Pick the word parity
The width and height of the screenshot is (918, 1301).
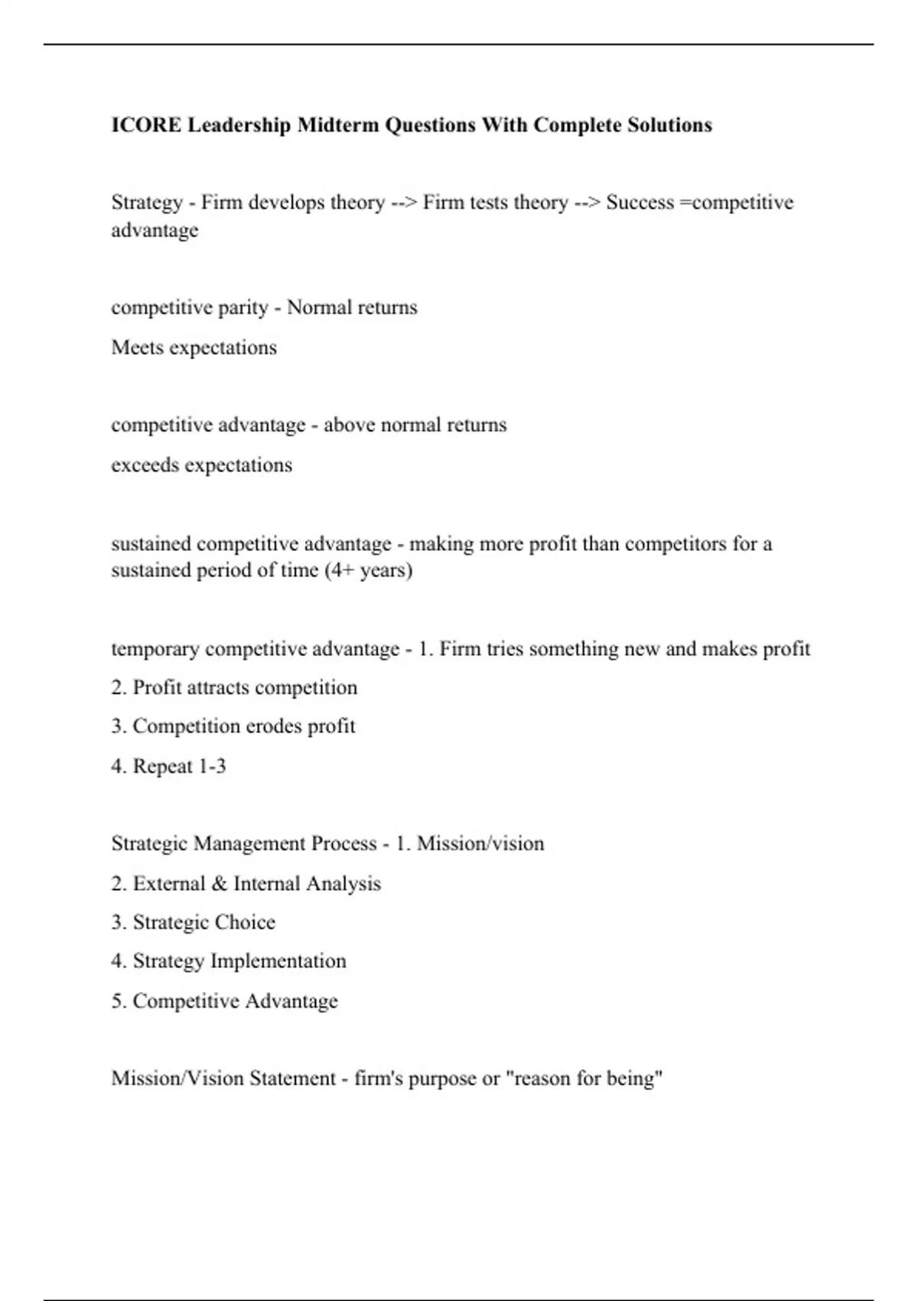click(243, 308)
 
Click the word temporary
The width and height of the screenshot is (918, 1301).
click(155, 649)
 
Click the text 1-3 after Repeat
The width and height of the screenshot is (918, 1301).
click(211, 766)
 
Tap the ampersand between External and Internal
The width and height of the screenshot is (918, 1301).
click(220, 884)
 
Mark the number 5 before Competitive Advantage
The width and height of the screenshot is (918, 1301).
click(118, 1001)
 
